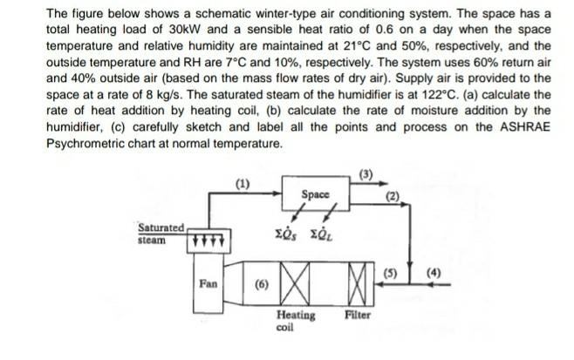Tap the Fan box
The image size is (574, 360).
(208, 282)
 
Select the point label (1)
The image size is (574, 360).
(243, 182)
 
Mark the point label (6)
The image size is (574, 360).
(260, 284)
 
